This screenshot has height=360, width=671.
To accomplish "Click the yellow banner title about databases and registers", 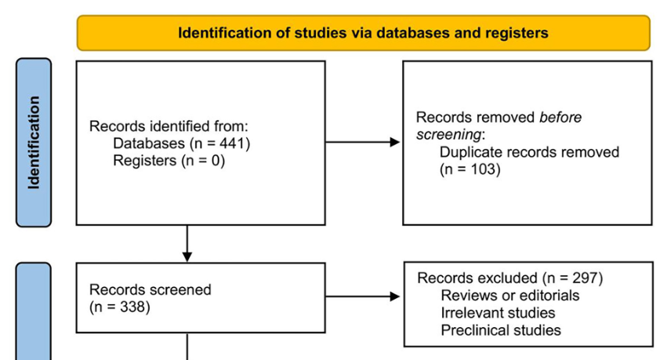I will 363,33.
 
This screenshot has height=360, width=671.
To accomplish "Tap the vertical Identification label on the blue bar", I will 33,143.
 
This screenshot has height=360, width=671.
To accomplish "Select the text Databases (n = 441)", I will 181,144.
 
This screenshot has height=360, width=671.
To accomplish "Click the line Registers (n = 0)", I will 169,161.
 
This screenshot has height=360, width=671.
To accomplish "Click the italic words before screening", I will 499,125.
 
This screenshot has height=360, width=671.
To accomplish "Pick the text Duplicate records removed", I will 529,151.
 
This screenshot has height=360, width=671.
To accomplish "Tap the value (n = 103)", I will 470,169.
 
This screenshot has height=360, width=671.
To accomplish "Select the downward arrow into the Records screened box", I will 187,244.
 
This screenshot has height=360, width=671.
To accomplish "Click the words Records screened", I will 151,289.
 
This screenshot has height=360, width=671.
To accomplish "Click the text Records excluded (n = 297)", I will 510,278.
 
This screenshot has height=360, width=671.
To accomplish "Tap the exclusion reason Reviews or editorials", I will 510,296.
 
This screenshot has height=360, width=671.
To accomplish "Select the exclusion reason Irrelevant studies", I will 498,313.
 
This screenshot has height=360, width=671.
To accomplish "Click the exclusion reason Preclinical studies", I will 501,330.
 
